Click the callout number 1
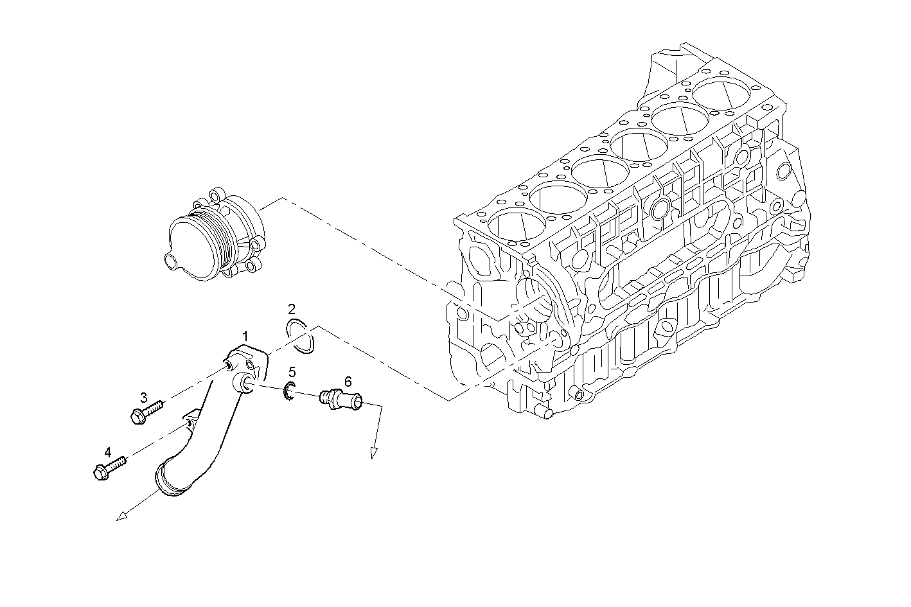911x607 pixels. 245,336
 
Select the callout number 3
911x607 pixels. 144,398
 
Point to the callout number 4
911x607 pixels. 108,452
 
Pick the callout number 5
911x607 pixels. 292,372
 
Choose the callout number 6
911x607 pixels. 348,382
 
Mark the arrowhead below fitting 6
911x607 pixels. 373,454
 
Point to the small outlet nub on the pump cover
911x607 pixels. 170,260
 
